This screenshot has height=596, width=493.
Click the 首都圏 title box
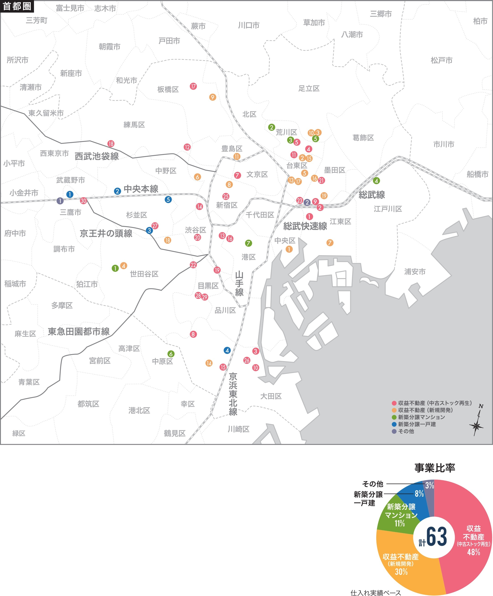click(x=17, y=6)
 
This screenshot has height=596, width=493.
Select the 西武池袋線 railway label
click(x=97, y=156)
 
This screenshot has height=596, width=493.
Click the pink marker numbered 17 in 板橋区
click(x=193, y=86)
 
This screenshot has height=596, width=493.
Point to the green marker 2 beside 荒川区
click(x=271, y=127)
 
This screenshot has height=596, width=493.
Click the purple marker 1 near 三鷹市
click(x=60, y=201)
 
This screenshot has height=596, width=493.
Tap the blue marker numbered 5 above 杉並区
click(x=168, y=199)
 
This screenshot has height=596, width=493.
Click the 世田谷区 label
click(x=144, y=274)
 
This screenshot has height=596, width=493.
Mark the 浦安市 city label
click(x=415, y=272)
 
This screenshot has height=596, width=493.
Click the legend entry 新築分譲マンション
click(x=421, y=417)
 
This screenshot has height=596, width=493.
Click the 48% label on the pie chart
click(x=473, y=552)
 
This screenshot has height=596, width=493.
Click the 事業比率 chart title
click(x=435, y=468)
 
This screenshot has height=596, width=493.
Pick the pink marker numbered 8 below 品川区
click(x=193, y=334)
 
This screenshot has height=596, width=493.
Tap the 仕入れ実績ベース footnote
click(x=376, y=593)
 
